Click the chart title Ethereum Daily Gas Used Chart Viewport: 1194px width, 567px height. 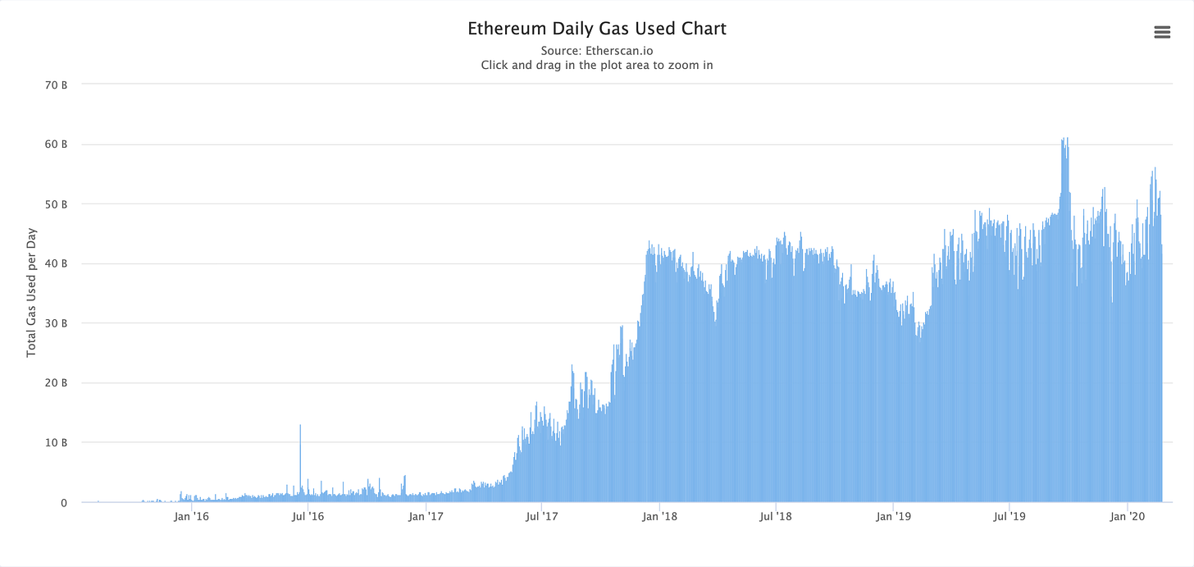click(597, 29)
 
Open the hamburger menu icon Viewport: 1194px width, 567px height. click(1162, 32)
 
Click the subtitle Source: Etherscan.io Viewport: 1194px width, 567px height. click(597, 51)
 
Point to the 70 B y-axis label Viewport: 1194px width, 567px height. click(57, 85)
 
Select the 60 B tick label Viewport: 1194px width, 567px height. click(57, 144)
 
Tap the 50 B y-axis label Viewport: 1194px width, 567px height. click(57, 203)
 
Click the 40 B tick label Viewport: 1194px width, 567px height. click(57, 263)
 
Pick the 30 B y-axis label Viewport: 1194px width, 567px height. click(57, 323)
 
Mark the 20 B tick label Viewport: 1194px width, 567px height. click(57, 382)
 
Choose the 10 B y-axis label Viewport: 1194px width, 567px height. click(57, 442)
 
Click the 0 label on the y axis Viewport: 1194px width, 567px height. click(63, 502)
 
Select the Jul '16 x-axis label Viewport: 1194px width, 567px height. click(308, 516)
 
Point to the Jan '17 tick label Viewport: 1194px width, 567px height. click(426, 516)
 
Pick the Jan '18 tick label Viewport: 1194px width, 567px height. click(659, 516)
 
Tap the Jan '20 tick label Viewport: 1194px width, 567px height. click(1128, 516)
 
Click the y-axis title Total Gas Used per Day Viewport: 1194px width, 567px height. click(32, 292)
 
